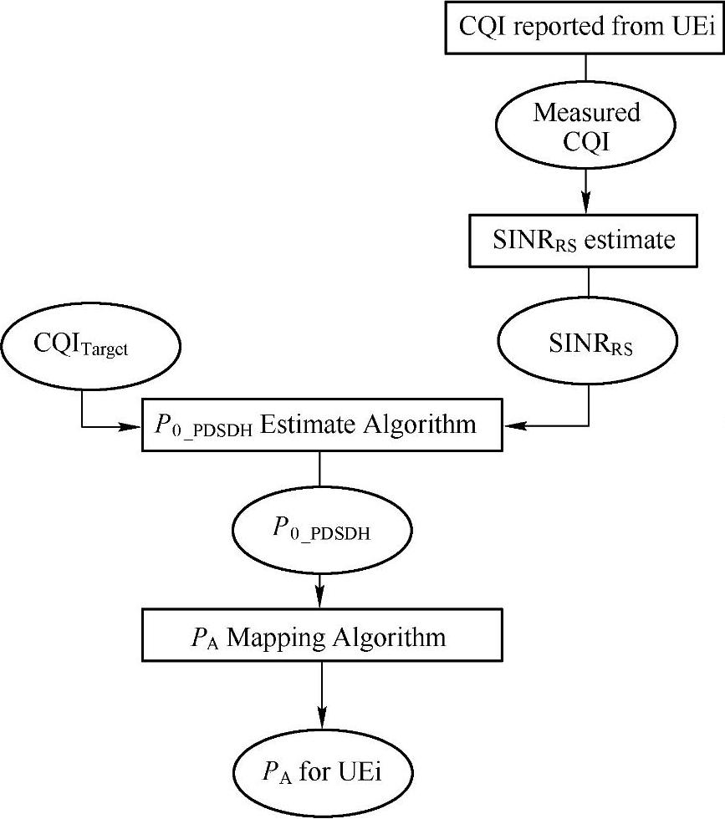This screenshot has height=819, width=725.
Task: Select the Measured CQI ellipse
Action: tap(586, 126)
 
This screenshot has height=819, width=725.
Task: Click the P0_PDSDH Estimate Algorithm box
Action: tap(322, 425)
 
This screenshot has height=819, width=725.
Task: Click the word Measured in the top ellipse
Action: tap(586, 112)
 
